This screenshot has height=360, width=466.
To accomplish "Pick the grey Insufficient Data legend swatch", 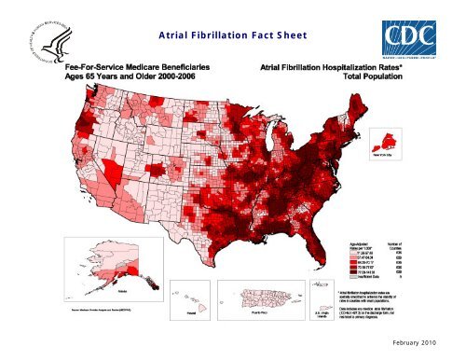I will pos(341,278).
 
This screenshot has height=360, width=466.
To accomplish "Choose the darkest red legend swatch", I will pos(341,272).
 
